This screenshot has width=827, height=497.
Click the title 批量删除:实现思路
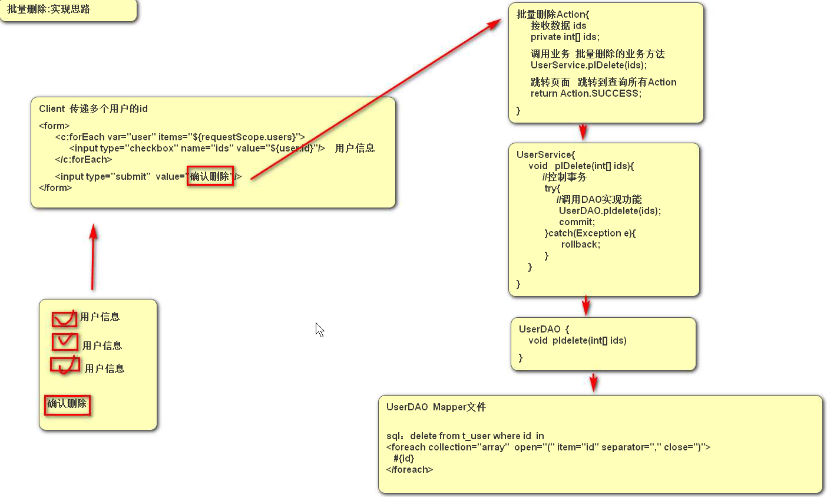pyautogui.click(x=49, y=9)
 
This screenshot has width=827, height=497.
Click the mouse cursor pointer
pyautogui.click(x=319, y=328)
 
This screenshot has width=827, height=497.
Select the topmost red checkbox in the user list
pyautogui.click(x=64, y=319)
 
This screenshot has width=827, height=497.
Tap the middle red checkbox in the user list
pyautogui.click(x=65, y=341)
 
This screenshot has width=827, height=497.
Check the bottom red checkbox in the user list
pyautogui.click(x=65, y=365)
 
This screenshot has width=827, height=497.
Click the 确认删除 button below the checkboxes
pyautogui.click(x=67, y=404)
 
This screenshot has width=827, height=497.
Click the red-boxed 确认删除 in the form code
pyautogui.click(x=210, y=176)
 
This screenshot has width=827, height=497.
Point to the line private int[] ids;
pyautogui.click(x=565, y=37)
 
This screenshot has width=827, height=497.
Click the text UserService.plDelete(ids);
pyautogui.click(x=588, y=65)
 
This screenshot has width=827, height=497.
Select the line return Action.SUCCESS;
pyautogui.click(x=586, y=94)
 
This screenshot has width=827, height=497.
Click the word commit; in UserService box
pyautogui.click(x=577, y=222)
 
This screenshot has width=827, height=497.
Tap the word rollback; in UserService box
pyautogui.click(x=581, y=245)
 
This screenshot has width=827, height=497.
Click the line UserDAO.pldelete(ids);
pyautogui.click(x=610, y=211)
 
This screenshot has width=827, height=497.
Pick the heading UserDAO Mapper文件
pyautogui.click(x=436, y=407)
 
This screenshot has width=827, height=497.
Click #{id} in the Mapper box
pyautogui.click(x=404, y=459)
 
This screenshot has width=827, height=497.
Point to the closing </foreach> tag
pyautogui.click(x=409, y=470)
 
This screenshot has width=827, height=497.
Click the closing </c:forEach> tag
pyautogui.click(x=84, y=160)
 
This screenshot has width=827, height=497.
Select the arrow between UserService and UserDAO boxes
pyautogui.click(x=585, y=306)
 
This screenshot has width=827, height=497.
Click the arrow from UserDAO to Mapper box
pyautogui.click(x=593, y=382)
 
